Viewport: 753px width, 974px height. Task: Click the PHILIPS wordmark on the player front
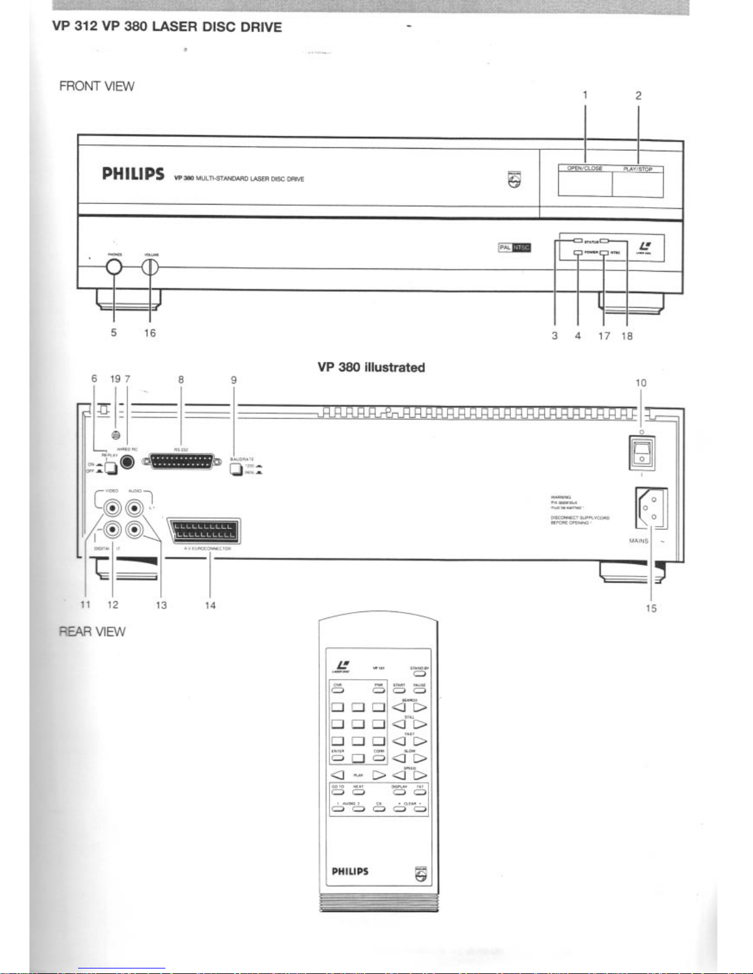[133, 174]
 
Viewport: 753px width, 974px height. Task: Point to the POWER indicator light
[578, 253]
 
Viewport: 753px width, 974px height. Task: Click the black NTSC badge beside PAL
[521, 248]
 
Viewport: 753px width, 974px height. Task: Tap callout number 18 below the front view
[626, 336]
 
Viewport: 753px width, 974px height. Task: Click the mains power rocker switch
[641, 453]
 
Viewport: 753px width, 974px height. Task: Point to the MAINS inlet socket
[650, 509]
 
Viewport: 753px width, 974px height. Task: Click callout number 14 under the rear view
[210, 605]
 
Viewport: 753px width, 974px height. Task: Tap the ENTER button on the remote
[337, 758]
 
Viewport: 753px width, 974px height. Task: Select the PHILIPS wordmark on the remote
[350, 871]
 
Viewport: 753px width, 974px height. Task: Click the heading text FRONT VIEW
[97, 86]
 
